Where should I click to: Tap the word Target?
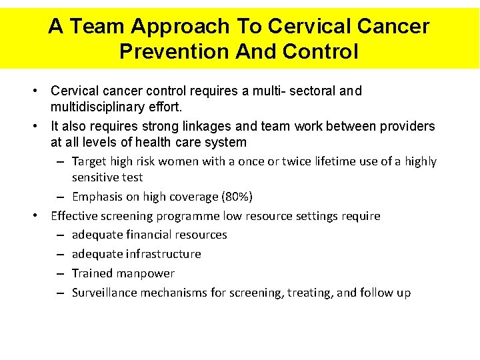click(x=89, y=161)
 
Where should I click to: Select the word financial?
click(x=141, y=235)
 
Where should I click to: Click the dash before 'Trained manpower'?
click(x=60, y=273)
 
